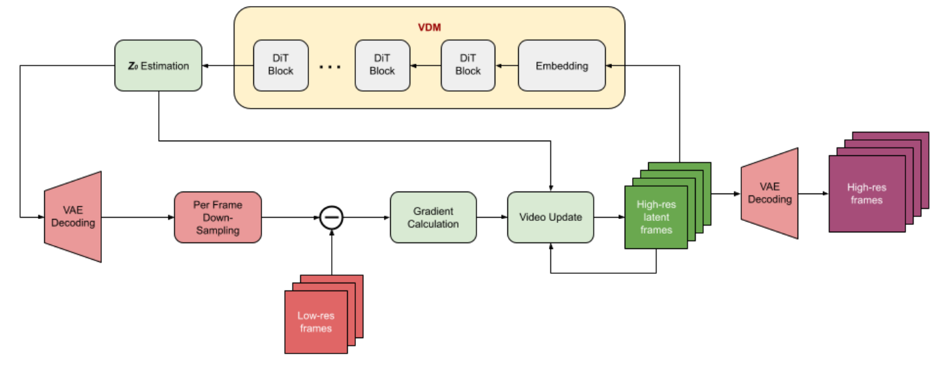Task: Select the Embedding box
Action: tap(562, 66)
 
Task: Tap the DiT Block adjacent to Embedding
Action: tap(468, 66)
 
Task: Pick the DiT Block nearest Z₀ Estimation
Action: tap(280, 66)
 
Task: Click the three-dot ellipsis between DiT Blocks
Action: tap(330, 68)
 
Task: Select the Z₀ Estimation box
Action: tap(158, 66)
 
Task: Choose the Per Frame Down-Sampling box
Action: tap(218, 217)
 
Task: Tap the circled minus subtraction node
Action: tap(331, 217)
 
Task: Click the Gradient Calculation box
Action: tap(433, 217)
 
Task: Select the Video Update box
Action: tap(550, 217)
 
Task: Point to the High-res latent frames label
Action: tap(655, 217)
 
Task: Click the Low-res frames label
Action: tap(316, 321)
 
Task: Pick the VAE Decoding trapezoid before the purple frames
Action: tap(769, 194)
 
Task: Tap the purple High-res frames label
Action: tap(866, 194)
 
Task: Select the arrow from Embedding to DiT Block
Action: tap(507, 66)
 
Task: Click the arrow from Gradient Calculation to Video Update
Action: tap(492, 217)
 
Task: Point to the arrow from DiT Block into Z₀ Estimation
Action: tap(227, 66)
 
